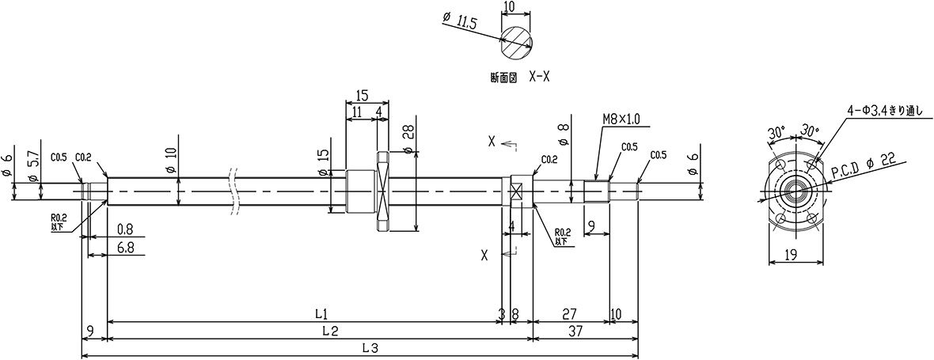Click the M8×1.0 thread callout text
coord(621,119)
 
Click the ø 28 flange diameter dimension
coord(408,139)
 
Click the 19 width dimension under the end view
coord(791,255)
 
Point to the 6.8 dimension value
coord(125,248)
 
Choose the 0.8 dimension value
coord(125,229)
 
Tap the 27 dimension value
coord(569,313)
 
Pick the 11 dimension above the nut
coord(358,112)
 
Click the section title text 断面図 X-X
coord(516,78)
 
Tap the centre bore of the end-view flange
coord(793,191)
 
